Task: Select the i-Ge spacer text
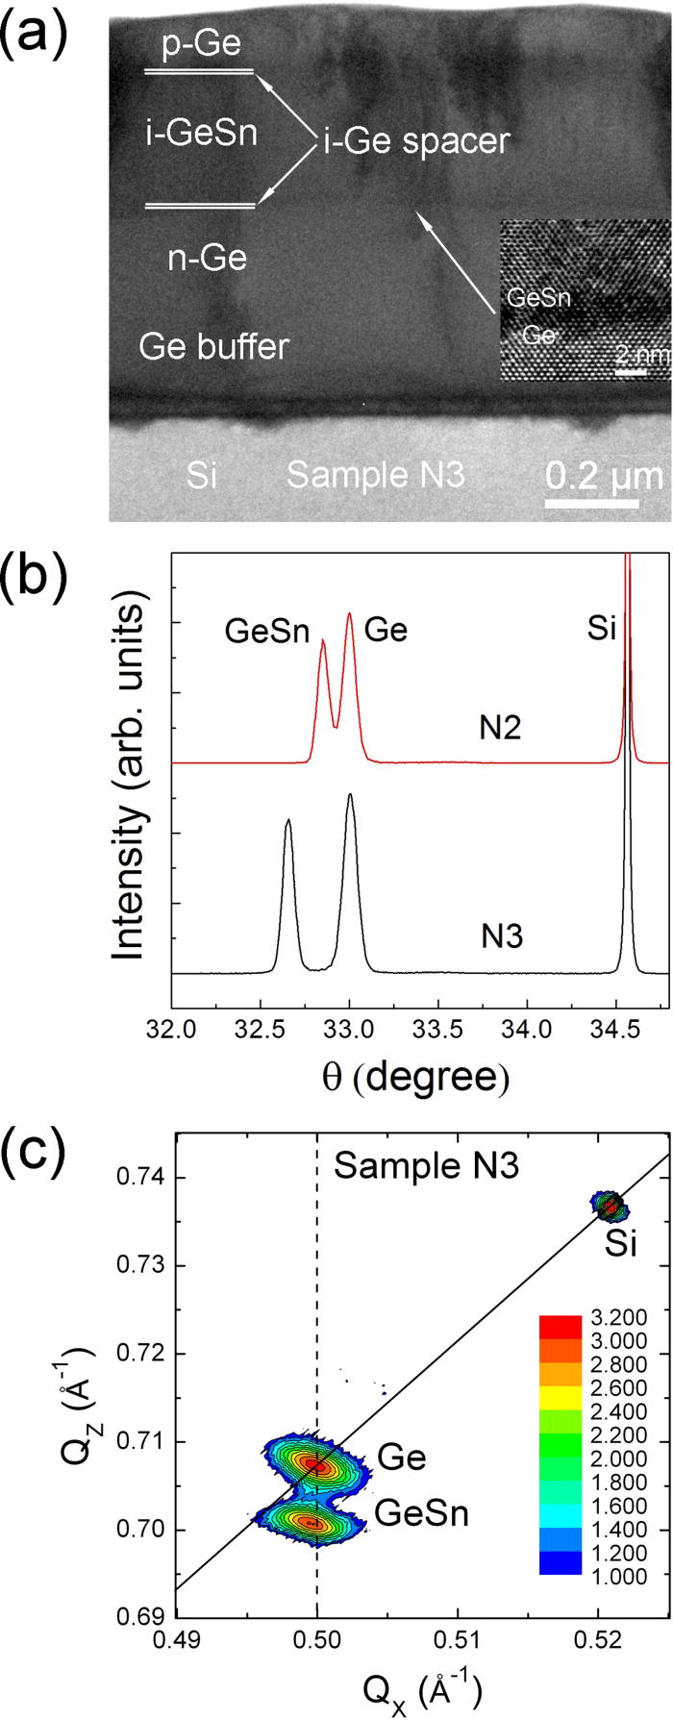tap(414, 141)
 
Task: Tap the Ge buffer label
tap(213, 346)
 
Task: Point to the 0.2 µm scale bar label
tap(604, 476)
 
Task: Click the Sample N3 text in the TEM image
tap(376, 475)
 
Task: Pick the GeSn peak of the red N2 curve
tap(323, 641)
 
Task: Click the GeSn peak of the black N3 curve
tap(288, 821)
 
